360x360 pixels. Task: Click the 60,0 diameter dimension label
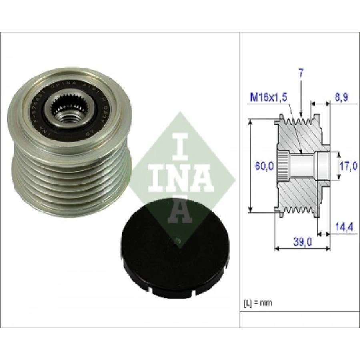point(264,165)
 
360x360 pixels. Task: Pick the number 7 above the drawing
point(301,73)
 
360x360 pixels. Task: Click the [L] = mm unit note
point(258,303)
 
